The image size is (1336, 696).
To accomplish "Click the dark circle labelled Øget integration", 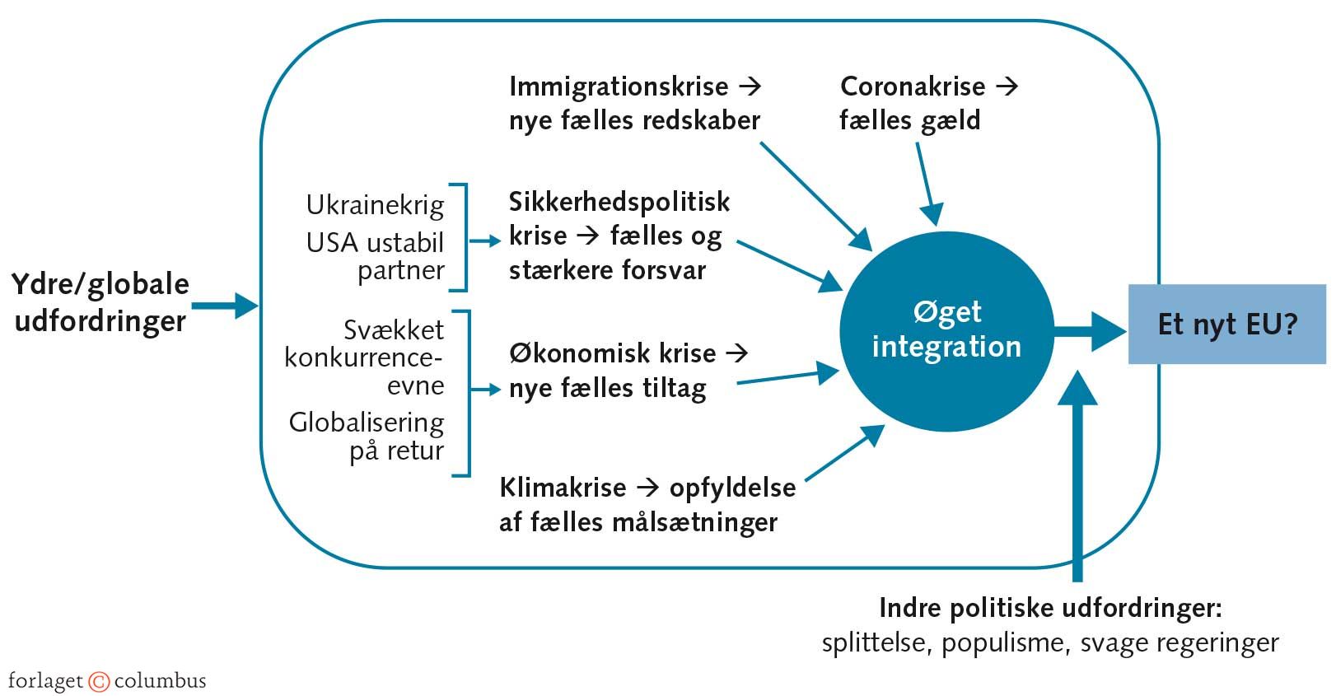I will (946, 329).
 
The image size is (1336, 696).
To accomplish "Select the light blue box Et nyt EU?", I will (1226, 324).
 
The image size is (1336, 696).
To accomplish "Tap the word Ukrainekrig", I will (375, 204).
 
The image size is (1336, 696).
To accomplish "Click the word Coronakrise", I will (913, 86).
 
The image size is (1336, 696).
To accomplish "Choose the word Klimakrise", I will (563, 488).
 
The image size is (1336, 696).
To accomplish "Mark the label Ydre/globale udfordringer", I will (100, 302).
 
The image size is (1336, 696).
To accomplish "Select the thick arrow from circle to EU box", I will (1089, 331).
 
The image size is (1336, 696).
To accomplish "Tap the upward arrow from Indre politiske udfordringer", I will (1077, 478).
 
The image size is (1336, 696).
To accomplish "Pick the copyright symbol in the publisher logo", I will (99, 682).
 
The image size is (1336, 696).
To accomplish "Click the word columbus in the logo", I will (160, 682).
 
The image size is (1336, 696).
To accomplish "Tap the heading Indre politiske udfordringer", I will (1050, 609).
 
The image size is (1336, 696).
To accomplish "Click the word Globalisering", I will (366, 423).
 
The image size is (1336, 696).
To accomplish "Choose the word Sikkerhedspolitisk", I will (619, 202).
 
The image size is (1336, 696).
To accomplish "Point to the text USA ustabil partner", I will (375, 256).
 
